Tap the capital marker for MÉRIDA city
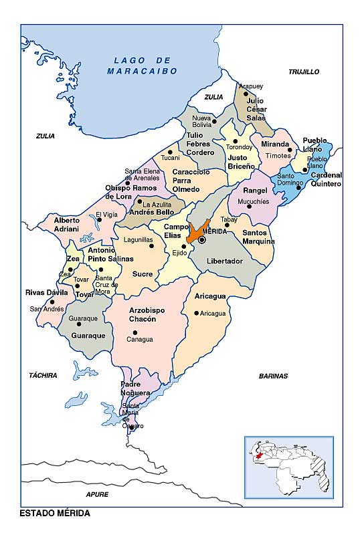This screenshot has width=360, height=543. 201,239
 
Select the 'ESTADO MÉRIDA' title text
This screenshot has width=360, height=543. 55,513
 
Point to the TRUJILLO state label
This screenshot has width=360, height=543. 303,72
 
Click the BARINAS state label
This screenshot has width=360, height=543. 273,376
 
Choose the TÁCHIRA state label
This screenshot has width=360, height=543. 43,375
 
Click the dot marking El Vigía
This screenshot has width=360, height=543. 100,220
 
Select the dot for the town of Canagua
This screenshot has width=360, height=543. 135,332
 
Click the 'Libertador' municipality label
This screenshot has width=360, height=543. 224,261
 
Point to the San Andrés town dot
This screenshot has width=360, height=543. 51,302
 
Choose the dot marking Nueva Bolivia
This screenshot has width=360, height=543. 214,121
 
